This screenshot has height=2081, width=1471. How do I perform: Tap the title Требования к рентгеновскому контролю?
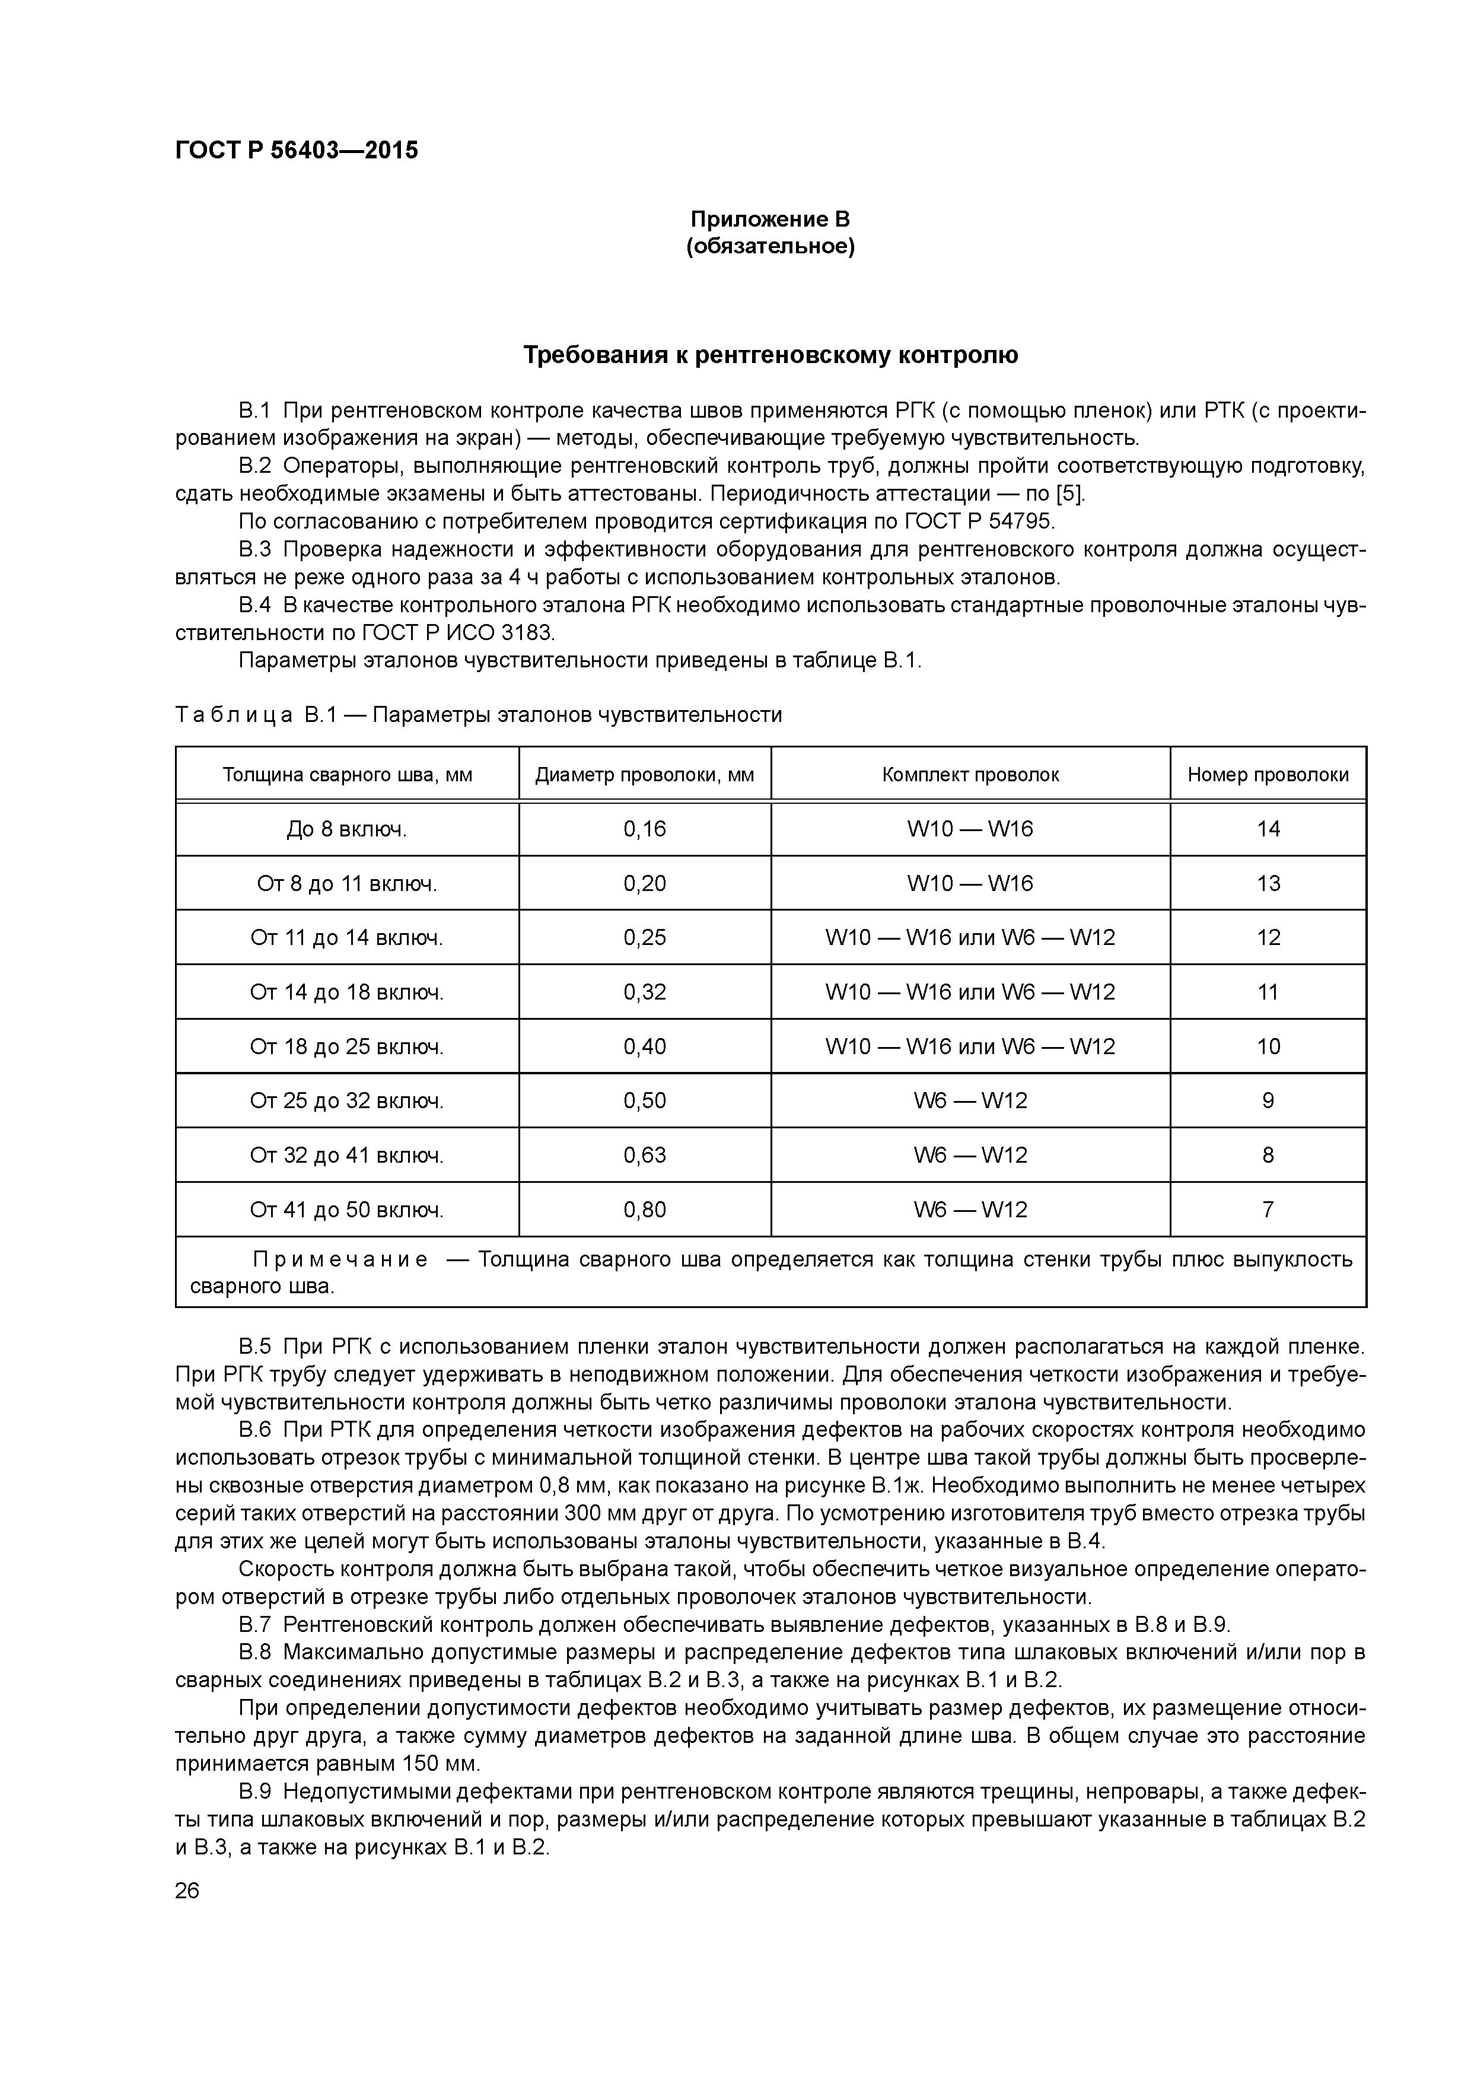tap(770, 355)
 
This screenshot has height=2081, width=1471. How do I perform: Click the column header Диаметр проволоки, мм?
tap(644, 775)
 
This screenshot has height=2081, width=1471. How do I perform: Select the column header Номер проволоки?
tap(1267, 775)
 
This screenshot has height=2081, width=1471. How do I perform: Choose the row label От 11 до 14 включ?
tap(346, 938)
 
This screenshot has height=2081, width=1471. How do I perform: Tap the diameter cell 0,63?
tap(644, 1156)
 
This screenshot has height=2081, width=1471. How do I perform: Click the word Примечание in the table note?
tap(340, 1261)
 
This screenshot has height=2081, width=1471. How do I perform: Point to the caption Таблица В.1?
tap(254, 715)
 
